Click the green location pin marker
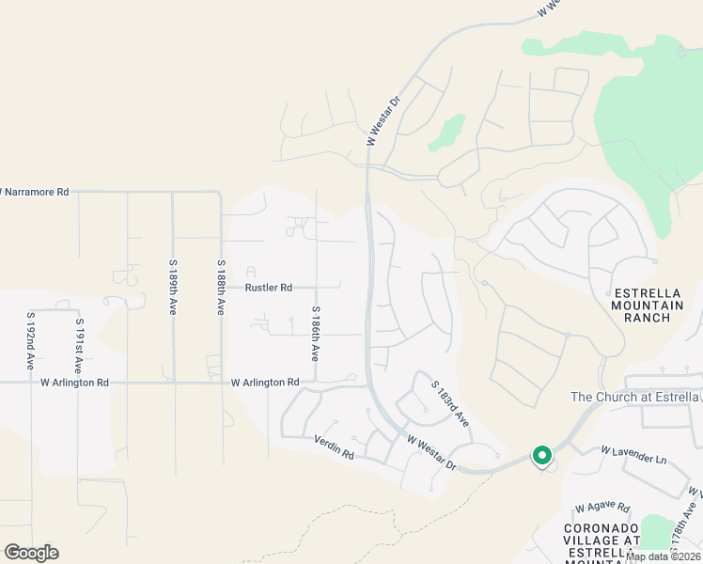(541, 456)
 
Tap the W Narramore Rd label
(35, 192)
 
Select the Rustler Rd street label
(269, 288)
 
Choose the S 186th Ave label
(316, 334)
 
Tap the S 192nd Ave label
(31, 340)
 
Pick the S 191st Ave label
(79, 347)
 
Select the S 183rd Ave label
(450, 404)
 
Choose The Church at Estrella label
(635, 397)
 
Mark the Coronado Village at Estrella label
(601, 540)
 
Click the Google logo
(31, 553)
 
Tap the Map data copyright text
(664, 556)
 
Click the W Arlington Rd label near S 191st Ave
(75, 383)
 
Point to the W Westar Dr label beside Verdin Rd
(431, 452)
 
